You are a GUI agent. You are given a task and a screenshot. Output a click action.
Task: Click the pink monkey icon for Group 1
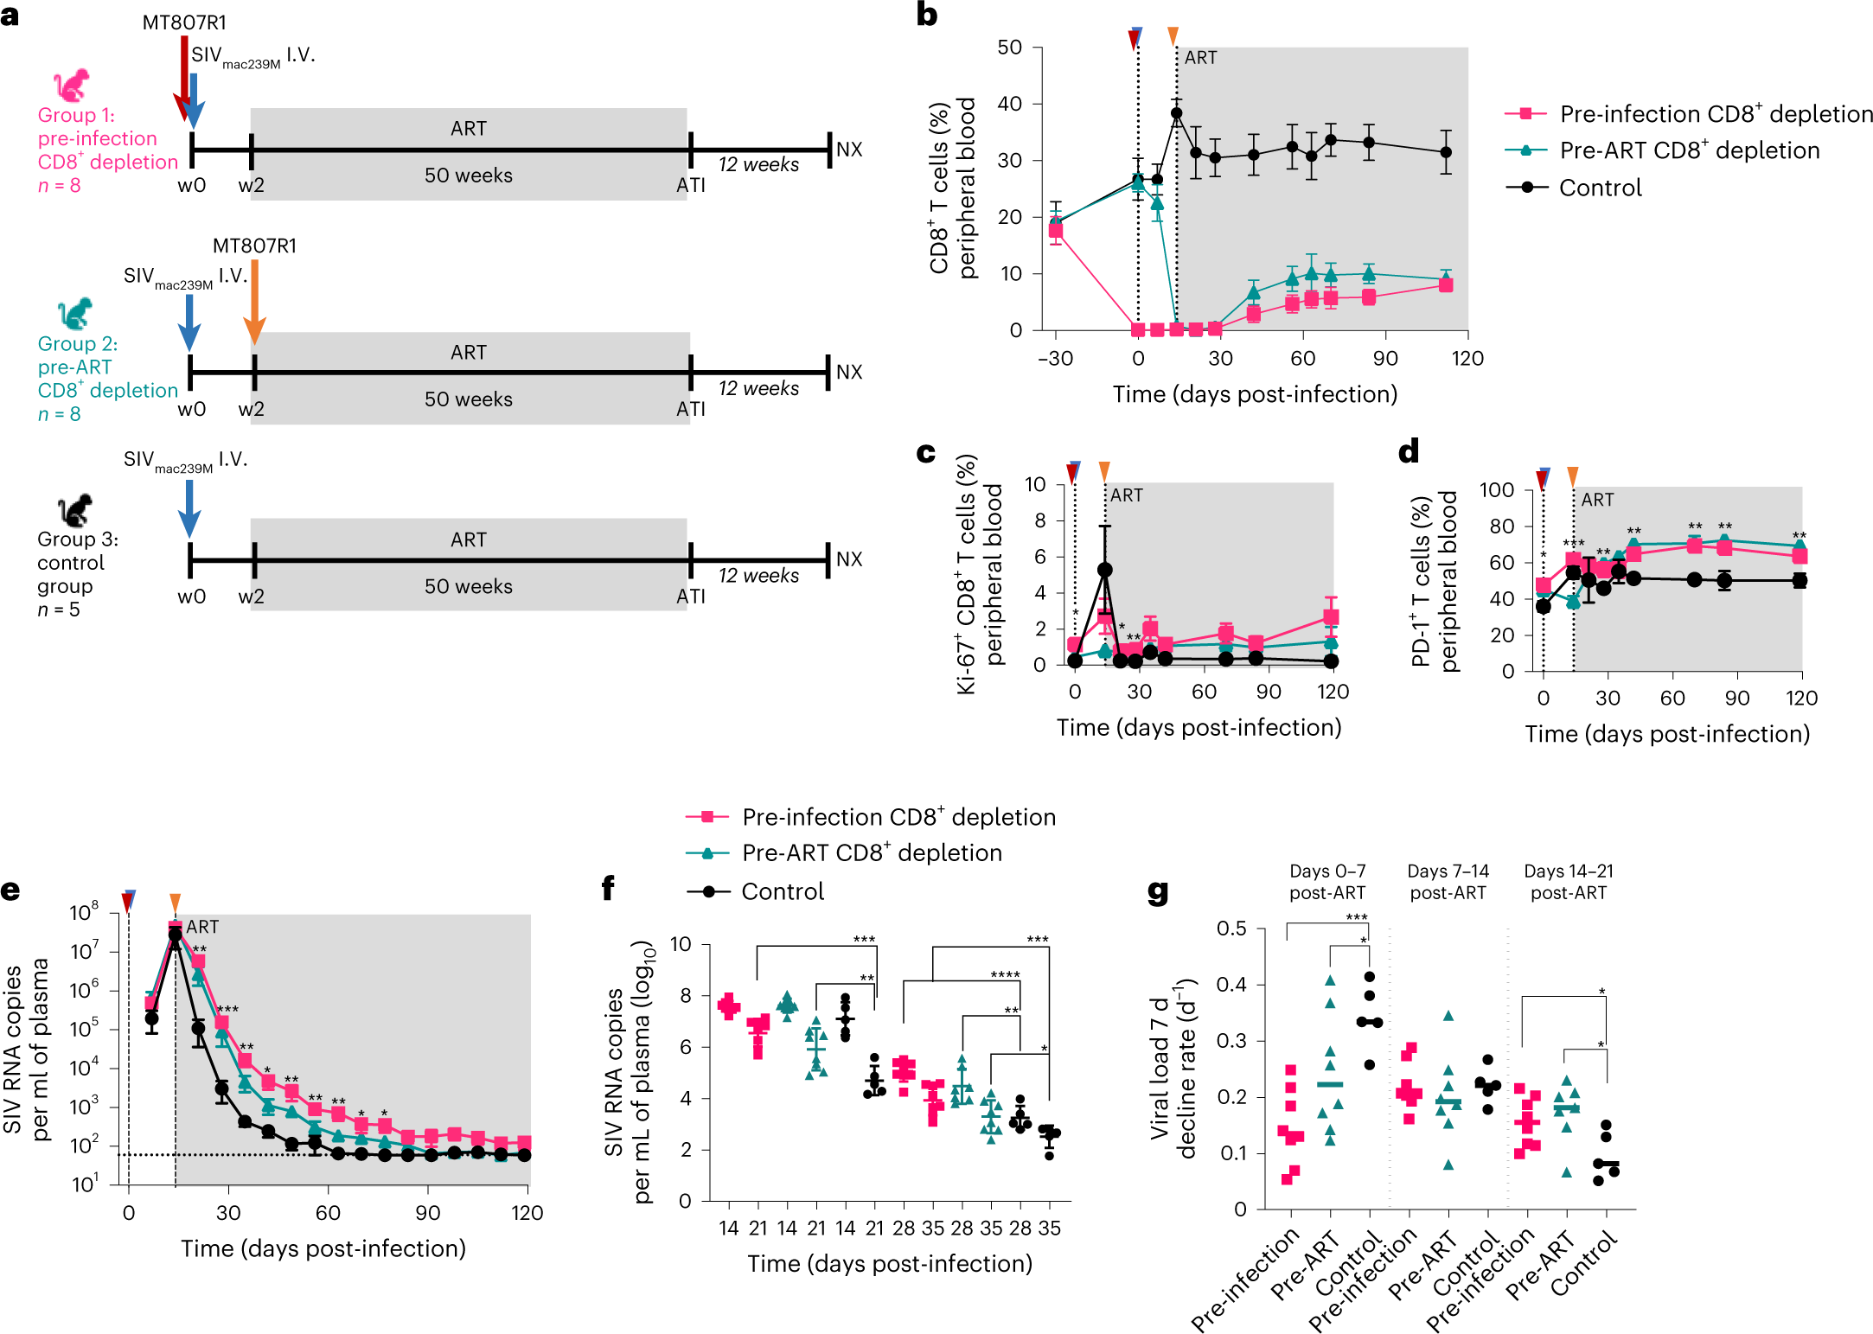coord(71,85)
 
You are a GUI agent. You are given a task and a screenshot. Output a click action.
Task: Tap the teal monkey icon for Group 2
coord(74,313)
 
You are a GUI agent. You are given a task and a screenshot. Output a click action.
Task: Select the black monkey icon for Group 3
coord(74,510)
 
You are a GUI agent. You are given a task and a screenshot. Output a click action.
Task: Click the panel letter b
coord(926,15)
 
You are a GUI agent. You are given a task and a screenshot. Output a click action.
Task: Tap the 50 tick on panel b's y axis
coord(1010,48)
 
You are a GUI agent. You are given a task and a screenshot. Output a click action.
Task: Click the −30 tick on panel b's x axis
coord(1055,358)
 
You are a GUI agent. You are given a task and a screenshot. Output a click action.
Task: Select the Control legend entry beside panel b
coord(1600,188)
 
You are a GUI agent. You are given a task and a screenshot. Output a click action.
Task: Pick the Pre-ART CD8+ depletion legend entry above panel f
coord(872,853)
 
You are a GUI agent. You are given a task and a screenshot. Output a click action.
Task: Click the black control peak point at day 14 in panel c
coord(1105,570)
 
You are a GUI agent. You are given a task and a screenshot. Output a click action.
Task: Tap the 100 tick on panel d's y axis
coord(1497,490)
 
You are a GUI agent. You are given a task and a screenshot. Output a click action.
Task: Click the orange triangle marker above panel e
coord(175,903)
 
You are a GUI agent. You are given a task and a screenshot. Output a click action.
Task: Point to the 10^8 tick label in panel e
coord(85,912)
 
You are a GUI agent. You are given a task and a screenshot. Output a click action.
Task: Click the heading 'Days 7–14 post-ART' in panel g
coord(1448,882)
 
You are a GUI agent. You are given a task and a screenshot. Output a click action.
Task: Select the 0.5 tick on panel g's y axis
coord(1231,929)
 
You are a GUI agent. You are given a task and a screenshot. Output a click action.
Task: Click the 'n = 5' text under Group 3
coord(59,610)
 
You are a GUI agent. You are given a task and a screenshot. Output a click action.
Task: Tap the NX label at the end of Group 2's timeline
coord(849,372)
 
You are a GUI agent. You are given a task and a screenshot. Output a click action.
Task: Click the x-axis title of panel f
coord(890,1264)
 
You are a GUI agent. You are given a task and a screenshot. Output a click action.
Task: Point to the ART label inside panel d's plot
coord(1597,500)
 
